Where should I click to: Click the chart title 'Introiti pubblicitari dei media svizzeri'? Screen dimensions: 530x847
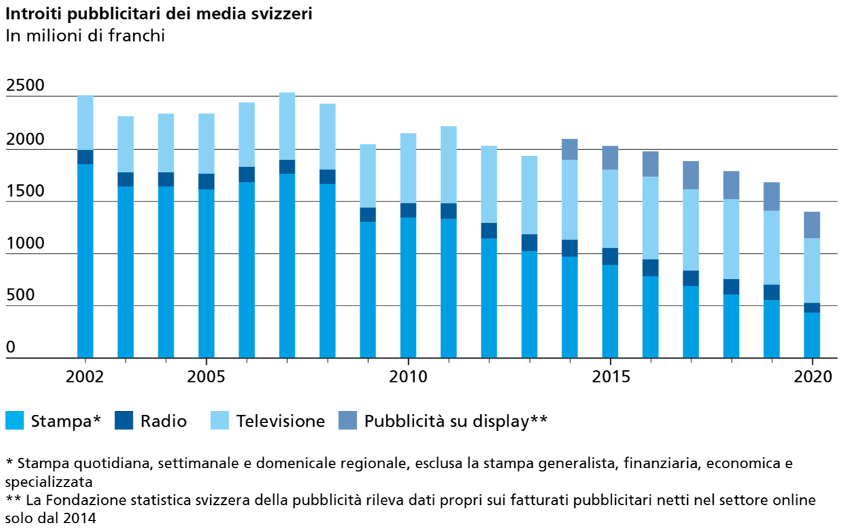tap(159, 14)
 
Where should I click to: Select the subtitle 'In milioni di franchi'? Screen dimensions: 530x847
tap(85, 36)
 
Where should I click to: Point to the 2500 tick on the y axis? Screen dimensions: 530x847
tap(25, 86)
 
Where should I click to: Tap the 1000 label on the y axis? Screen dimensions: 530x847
tap(25, 244)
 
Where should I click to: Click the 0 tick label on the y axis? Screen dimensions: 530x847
tap(11, 348)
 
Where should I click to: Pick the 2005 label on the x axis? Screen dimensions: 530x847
tap(206, 376)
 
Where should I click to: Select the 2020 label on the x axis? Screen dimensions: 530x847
tap(813, 376)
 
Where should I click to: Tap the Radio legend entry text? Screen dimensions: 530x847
tap(163, 421)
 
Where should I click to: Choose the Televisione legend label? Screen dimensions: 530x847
tap(280, 421)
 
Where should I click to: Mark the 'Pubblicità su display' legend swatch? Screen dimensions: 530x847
tap(347, 421)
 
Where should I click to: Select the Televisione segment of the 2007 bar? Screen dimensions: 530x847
tap(287, 127)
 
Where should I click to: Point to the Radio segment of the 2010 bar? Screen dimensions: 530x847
tap(408, 210)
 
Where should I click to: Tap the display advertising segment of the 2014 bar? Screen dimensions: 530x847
tap(570, 149)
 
